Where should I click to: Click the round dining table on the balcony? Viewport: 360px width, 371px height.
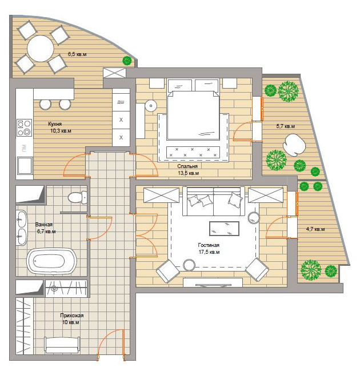[x=40, y=49]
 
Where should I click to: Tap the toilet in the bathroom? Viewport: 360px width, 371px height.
[x=78, y=197]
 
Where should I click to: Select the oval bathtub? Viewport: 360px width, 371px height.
[x=51, y=261]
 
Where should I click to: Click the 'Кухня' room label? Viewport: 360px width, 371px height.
[x=55, y=123]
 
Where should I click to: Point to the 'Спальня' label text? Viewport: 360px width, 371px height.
[x=187, y=166]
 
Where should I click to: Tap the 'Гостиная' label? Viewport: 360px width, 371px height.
[x=209, y=245]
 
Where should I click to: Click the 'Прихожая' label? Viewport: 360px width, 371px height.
[x=71, y=316]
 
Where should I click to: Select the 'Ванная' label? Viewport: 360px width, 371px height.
[x=44, y=224]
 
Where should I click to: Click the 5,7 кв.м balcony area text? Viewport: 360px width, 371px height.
[x=286, y=126]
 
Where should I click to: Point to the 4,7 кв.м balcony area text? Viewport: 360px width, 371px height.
[x=315, y=229]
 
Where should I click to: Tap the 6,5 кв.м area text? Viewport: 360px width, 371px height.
[x=77, y=54]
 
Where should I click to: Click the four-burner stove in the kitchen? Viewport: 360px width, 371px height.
[x=24, y=127]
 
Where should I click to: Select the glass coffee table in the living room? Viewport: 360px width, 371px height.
[x=224, y=229]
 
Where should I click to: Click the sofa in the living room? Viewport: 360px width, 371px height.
[x=214, y=201]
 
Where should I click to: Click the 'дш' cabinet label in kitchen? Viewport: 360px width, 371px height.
[x=121, y=102]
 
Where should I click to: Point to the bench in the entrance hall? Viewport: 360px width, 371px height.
[x=62, y=345]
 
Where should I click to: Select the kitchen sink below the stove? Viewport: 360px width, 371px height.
[x=25, y=166]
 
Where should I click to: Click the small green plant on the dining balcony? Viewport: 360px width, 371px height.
[x=127, y=61]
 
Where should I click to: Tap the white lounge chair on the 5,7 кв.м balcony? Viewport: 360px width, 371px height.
[x=294, y=145]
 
